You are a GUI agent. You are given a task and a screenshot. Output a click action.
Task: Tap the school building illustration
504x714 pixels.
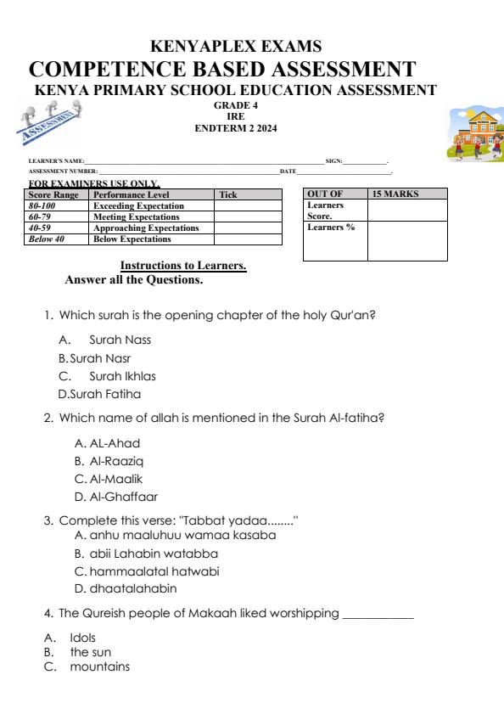475,133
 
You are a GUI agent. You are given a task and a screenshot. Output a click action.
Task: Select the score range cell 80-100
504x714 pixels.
43,205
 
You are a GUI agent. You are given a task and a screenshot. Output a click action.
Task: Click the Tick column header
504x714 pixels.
228,194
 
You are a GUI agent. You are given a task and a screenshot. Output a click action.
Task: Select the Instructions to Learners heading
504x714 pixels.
183,266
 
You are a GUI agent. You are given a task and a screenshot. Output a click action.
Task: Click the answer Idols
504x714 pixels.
82,637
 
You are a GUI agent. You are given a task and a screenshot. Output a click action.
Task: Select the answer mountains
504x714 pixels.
100,666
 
